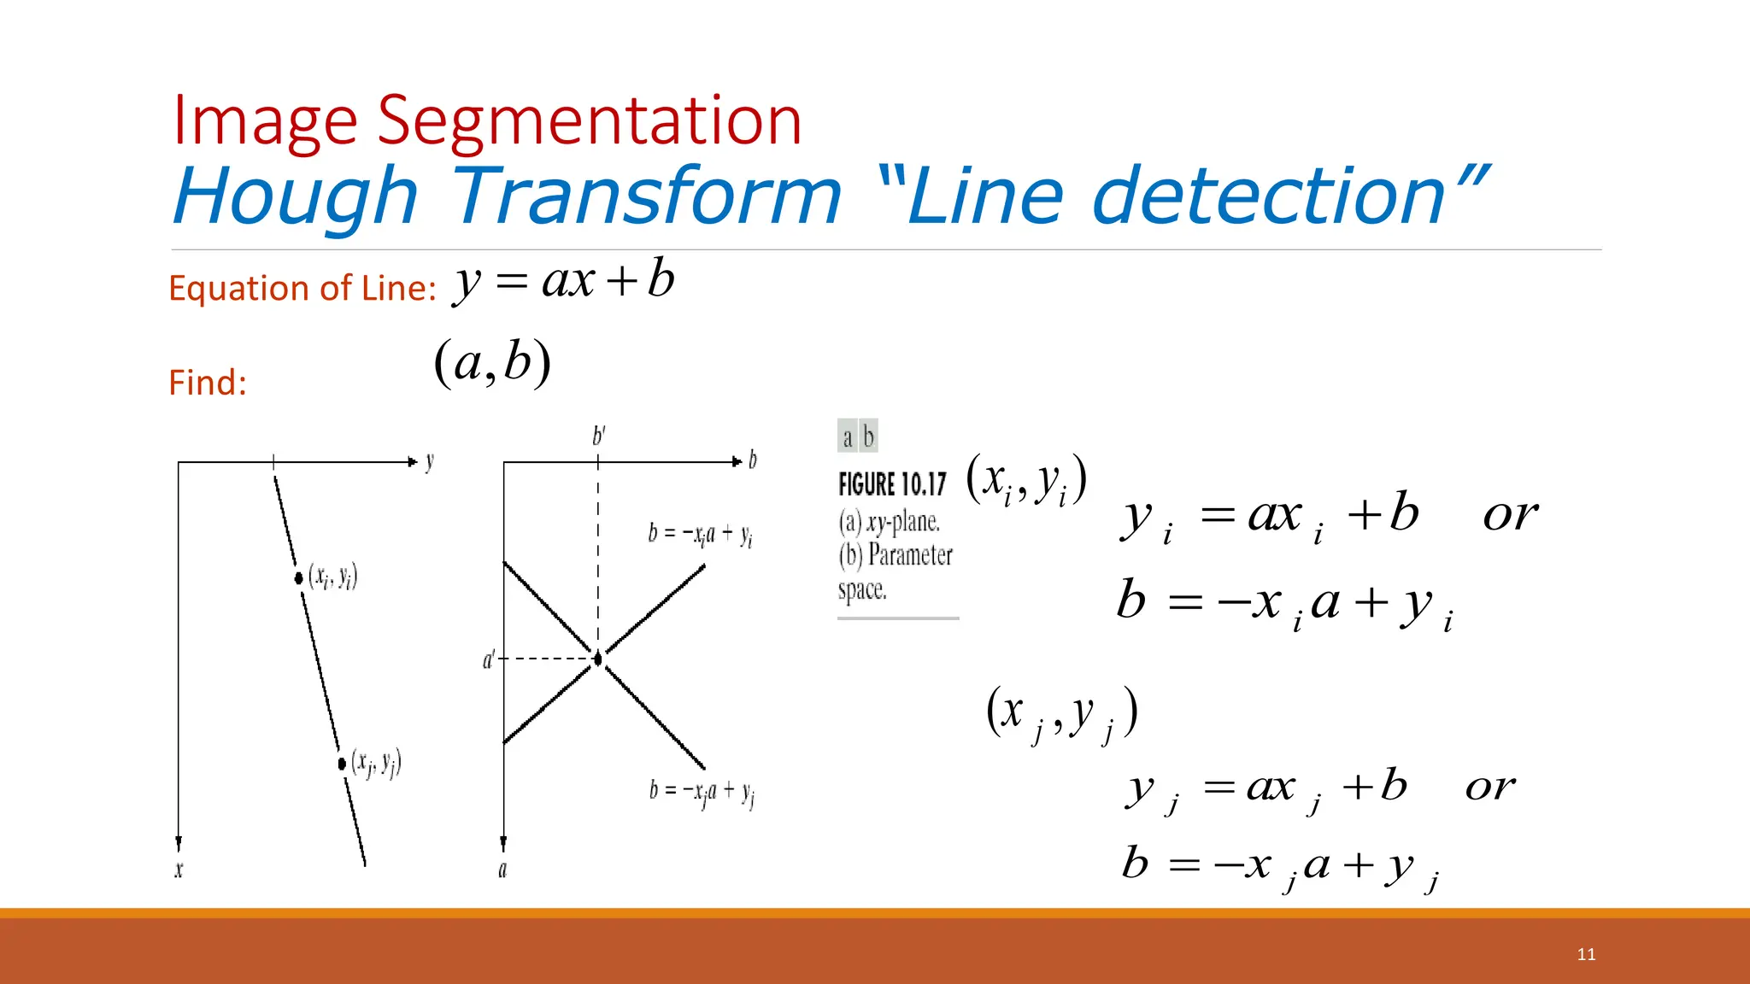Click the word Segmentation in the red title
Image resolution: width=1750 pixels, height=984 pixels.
590,121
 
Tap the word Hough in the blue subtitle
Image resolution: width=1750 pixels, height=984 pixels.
296,196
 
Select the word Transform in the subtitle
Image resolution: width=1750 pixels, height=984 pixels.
648,196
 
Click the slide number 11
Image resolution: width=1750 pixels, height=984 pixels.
1586,954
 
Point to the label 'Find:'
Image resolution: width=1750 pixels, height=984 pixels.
208,383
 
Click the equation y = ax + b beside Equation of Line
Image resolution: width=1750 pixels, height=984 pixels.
564,280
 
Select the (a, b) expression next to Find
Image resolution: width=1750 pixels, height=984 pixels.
492,362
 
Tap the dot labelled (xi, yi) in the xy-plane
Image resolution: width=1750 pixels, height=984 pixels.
298,578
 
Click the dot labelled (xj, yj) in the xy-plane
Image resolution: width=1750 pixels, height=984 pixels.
342,763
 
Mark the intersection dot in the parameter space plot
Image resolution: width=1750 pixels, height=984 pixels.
598,659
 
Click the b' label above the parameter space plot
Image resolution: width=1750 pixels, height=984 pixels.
599,436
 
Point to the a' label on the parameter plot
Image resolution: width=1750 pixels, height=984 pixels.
489,659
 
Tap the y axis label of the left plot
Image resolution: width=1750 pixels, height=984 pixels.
430,462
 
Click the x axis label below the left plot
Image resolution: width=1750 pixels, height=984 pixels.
179,870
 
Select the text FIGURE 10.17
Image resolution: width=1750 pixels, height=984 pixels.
892,484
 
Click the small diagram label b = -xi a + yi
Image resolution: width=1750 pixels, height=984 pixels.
700,535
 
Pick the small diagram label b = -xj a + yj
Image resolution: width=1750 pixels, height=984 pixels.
701,792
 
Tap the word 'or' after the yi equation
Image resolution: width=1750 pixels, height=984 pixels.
1510,514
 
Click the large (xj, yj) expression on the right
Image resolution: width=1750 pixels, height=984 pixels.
1061,712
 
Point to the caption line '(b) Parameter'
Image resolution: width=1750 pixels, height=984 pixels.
896,555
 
